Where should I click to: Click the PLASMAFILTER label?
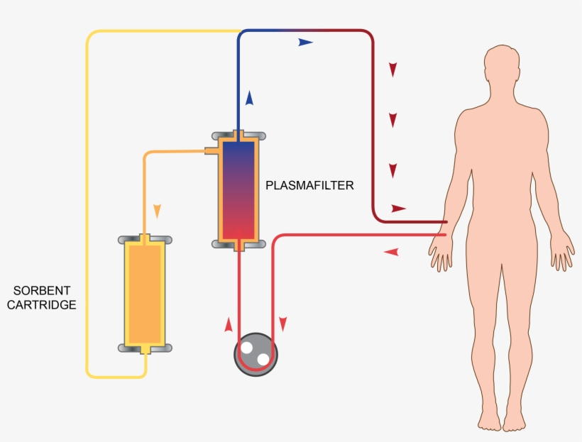tap(309, 186)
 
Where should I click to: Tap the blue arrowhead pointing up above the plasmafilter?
tap(250, 98)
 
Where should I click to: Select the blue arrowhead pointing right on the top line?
tap(305, 43)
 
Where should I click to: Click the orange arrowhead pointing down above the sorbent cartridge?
tap(158, 211)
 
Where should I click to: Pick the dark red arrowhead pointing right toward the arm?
tap(398, 209)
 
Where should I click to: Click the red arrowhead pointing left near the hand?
tap(391, 252)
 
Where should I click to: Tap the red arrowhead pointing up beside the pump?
tap(228, 325)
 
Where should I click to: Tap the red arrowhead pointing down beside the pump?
tap(282, 324)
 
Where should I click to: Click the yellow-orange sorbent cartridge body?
tap(145, 292)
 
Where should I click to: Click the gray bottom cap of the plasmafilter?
tap(239, 244)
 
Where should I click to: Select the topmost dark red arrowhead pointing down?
tap(392, 70)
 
